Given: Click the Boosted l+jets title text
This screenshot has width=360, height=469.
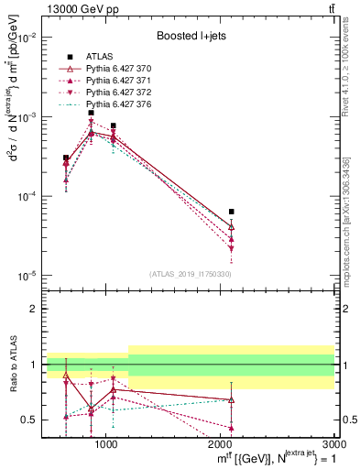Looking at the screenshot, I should (x=191, y=36).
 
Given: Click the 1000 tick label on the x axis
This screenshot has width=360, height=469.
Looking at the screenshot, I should (x=106, y=443).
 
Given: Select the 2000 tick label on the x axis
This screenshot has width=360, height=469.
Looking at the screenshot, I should (x=221, y=443).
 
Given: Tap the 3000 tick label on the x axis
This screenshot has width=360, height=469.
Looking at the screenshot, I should (x=333, y=443).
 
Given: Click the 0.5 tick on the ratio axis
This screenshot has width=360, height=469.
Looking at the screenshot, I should (x=30, y=420).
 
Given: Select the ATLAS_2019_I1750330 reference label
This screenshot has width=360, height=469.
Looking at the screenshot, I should (x=191, y=274).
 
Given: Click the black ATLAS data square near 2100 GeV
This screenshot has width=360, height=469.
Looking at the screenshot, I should (x=232, y=212).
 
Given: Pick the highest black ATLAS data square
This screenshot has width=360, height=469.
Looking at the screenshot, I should (x=92, y=113).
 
